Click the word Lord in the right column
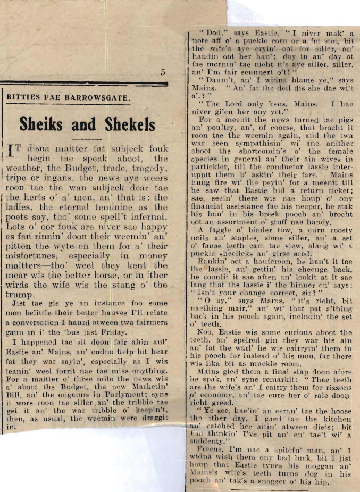pos(235,104)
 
